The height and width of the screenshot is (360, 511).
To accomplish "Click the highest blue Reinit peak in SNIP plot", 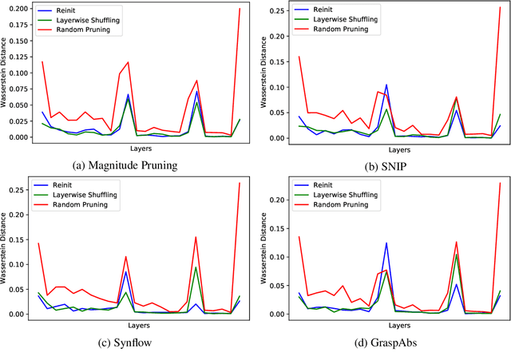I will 386,85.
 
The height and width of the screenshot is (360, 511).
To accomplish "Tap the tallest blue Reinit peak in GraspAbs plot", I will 386,243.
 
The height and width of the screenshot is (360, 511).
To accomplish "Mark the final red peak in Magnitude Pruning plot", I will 240,8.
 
